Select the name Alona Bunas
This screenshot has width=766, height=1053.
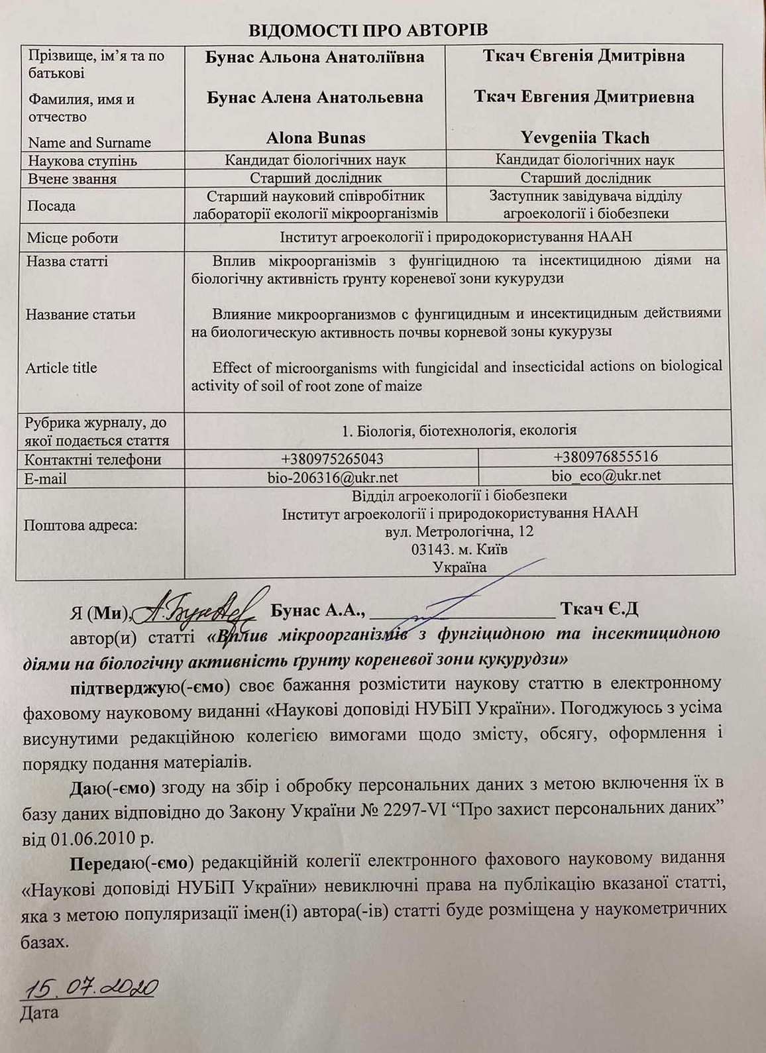(x=315, y=138)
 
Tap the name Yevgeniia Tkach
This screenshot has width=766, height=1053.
(x=584, y=138)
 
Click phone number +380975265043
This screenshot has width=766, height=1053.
(x=332, y=459)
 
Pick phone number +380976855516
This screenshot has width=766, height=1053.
(x=606, y=457)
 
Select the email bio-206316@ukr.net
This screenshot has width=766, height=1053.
(x=333, y=477)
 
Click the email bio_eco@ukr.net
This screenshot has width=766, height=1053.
(x=606, y=475)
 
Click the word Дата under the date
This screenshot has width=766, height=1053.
(x=40, y=1013)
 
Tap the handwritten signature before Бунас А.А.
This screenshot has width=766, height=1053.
(x=199, y=605)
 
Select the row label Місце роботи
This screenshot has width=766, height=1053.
(x=72, y=238)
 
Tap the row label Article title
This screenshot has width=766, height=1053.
(x=61, y=368)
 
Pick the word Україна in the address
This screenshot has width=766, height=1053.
(x=459, y=567)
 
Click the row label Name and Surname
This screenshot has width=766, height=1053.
(x=89, y=142)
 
